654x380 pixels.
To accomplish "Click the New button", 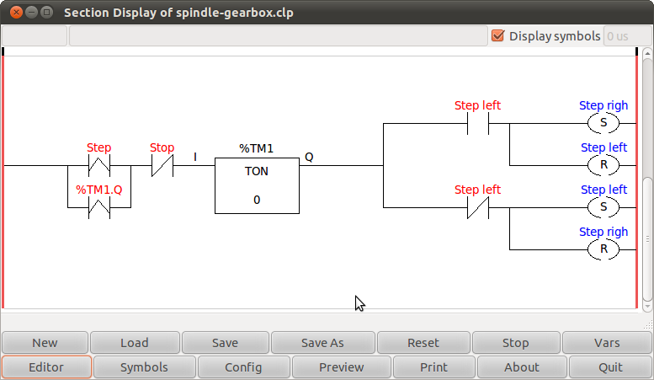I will pos(45,343).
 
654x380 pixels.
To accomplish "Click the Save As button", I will pos(322,343).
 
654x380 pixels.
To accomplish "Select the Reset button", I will pos(423,343).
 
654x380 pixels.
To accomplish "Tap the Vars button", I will pos(607,343).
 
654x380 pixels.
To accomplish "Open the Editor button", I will pos(46,367).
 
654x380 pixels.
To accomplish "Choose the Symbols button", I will pos(144,367).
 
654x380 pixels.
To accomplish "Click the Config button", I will pos(243,367).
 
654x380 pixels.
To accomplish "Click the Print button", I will pos(433,367).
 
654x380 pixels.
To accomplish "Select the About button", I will pos(522,367).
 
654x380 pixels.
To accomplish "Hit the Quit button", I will pos(610,367).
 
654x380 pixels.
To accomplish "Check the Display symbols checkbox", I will pos(497,35).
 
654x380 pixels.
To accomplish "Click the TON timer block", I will pos(257,185).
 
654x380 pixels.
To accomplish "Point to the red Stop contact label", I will pos(162,147).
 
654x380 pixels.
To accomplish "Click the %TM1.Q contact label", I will pos(99,190).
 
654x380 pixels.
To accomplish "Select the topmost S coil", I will pos(603,123).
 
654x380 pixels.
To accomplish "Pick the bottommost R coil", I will pos(603,249).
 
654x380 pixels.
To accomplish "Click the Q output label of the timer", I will pos(309,157).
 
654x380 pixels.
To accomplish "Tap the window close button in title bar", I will pos(12,13).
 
